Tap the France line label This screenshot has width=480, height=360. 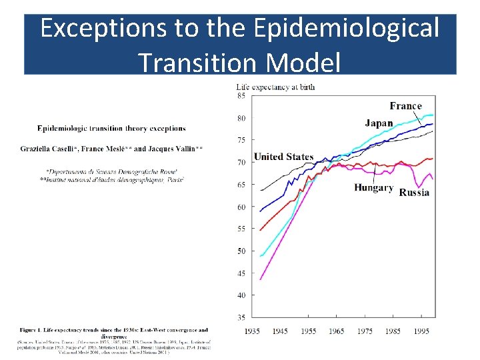tap(405, 106)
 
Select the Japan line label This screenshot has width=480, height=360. tap(379, 123)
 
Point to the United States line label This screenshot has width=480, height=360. tap(283, 157)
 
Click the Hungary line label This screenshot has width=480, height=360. tap(373, 188)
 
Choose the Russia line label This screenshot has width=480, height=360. tap(414, 193)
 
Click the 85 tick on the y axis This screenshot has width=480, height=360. tap(241, 96)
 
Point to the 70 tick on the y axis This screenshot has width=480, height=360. tap(241, 163)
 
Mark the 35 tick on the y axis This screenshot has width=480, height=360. tap(241, 317)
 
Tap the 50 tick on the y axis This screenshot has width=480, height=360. tap(241, 251)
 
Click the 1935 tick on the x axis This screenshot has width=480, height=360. tap(253, 331)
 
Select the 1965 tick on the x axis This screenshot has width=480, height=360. tap(337, 331)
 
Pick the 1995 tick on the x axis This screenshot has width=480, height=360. tap(421, 331)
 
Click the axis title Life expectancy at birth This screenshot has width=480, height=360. tap(275, 87)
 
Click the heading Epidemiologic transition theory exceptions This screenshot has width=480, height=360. tap(111, 128)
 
